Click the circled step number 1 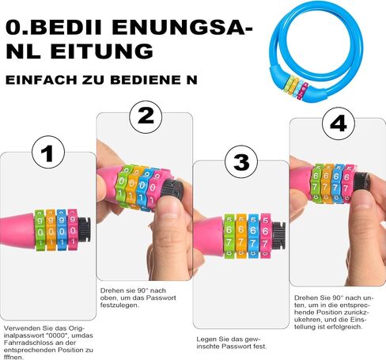pyautogui.click(x=48, y=152)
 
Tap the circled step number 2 pyautogui.click(x=146, y=117)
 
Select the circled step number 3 pyautogui.click(x=241, y=161)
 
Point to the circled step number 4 pyautogui.click(x=339, y=123)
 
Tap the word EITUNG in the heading pyautogui.click(x=102, y=51)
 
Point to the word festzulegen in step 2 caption pyautogui.click(x=119, y=305)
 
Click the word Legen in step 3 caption pyautogui.click(x=206, y=339)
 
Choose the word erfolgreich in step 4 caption pyautogui.click(x=345, y=327)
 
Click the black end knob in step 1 pyautogui.click(x=85, y=229)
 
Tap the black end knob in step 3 pyautogui.click(x=279, y=236)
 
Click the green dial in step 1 pyautogui.click(x=40, y=229)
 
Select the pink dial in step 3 pyautogui.click(x=266, y=236)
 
